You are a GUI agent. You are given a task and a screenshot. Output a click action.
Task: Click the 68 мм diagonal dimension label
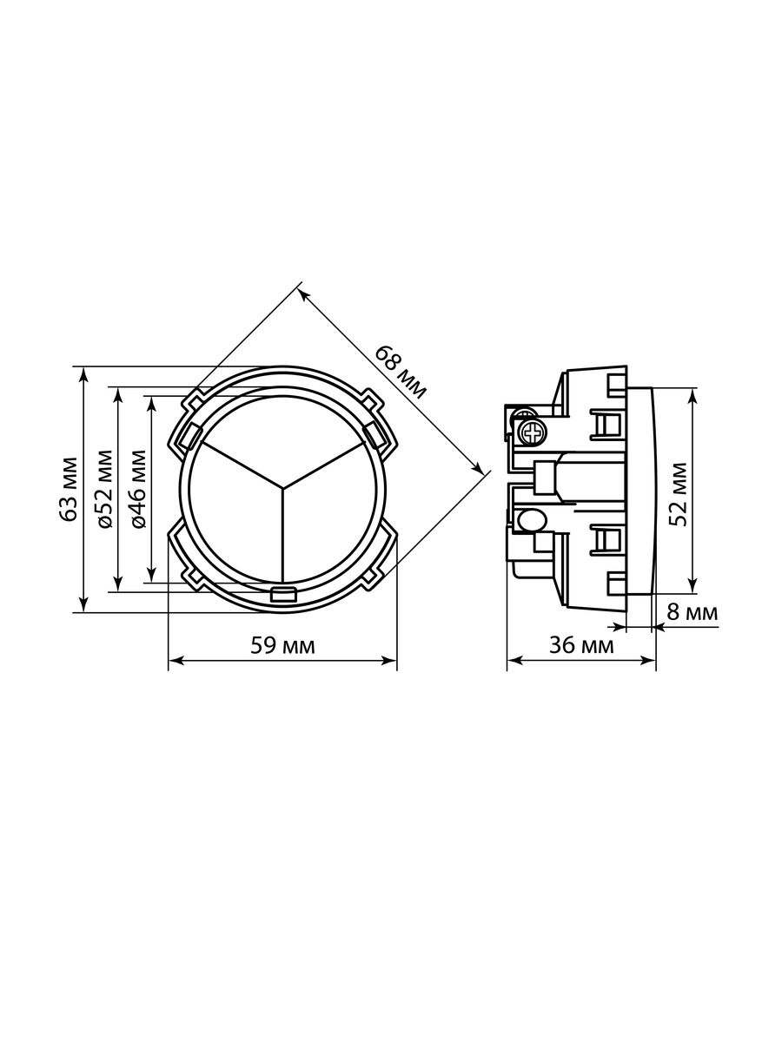(401, 373)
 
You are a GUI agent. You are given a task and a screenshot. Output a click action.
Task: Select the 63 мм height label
(69, 490)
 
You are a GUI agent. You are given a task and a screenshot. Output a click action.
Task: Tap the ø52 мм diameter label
(104, 490)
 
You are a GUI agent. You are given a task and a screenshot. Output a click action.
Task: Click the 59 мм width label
(282, 646)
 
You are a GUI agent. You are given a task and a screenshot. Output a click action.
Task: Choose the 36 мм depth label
(581, 645)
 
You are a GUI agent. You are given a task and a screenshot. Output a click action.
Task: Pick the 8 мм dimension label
(693, 612)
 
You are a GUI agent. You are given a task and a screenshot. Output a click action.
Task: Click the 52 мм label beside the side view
(677, 494)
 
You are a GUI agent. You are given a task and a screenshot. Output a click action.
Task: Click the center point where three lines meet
(283, 488)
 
